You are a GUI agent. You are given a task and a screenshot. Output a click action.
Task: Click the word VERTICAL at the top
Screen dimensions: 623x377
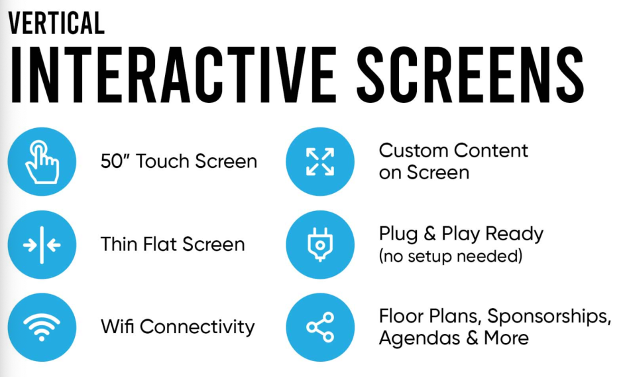tap(56, 23)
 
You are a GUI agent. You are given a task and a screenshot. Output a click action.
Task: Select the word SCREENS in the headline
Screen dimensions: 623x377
tap(471, 75)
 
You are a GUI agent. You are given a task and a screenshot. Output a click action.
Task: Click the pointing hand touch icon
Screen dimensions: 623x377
tap(42, 162)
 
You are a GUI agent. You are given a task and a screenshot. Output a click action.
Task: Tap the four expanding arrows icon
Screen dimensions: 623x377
tap(320, 162)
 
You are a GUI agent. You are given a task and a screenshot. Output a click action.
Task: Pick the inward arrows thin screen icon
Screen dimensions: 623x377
tap(42, 245)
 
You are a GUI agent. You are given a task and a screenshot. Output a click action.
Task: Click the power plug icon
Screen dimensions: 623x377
tap(320, 244)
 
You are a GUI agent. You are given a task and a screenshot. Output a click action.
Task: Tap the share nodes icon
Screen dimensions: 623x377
tap(320, 327)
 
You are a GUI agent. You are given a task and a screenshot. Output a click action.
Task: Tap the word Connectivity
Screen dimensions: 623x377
tap(197, 327)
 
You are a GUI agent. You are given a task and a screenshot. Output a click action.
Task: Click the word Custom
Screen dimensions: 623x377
tap(413, 151)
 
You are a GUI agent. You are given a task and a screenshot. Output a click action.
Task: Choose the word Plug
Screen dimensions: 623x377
tap(398, 234)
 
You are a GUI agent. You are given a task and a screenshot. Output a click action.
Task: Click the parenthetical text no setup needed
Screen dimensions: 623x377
tap(451, 256)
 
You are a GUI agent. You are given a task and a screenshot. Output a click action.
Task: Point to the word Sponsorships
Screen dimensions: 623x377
tap(549, 317)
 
